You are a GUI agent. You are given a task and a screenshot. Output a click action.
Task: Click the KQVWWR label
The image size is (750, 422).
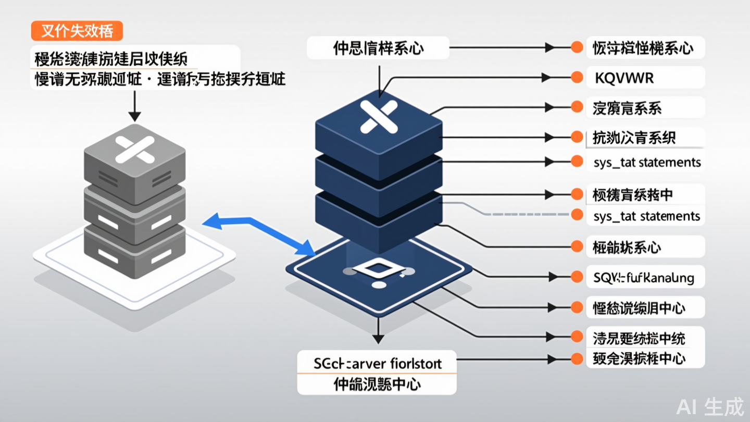click(623, 78)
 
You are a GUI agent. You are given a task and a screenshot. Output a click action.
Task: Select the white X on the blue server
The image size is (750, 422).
click(379, 116)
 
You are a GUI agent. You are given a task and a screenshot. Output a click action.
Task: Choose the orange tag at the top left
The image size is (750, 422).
click(77, 31)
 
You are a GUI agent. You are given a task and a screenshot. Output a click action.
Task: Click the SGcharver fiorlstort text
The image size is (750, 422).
click(378, 363)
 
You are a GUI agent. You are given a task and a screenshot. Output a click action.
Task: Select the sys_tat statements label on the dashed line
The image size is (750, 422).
click(647, 216)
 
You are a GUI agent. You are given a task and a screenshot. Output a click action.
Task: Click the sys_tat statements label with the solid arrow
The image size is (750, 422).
click(647, 163)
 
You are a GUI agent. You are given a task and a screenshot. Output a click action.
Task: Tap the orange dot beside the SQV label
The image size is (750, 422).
click(577, 276)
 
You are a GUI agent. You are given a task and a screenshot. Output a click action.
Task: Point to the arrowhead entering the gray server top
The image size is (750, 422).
click(135, 117)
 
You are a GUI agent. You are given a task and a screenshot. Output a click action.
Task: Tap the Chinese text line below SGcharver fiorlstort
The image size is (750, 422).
click(377, 384)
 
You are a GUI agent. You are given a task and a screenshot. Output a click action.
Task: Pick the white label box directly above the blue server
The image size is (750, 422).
click(378, 48)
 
